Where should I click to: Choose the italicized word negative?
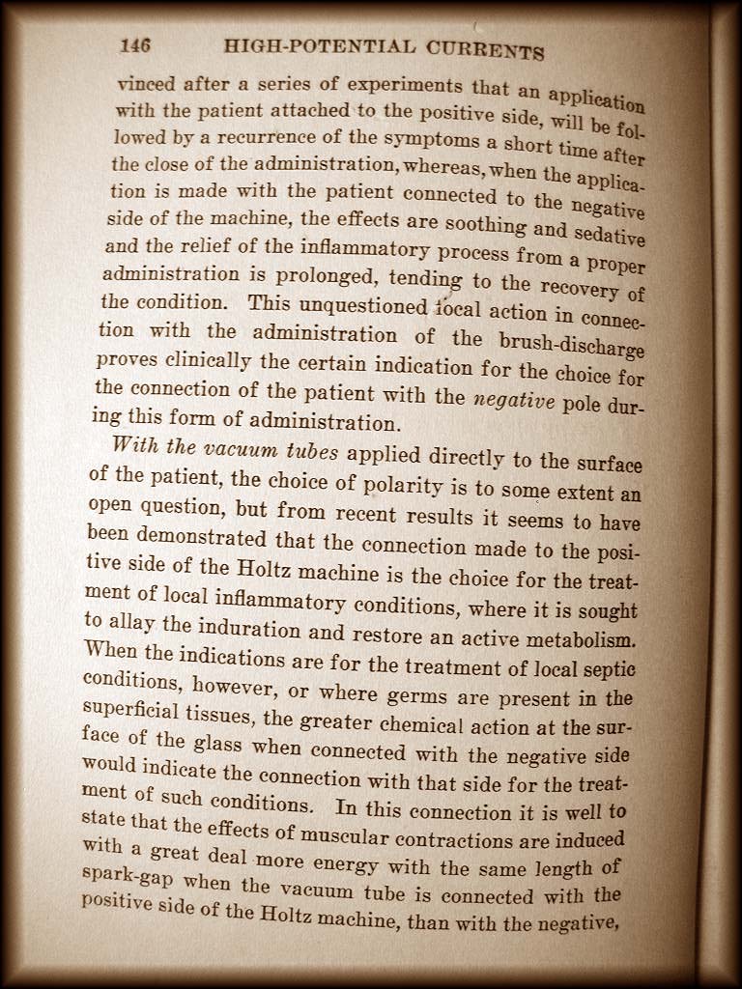click(514, 401)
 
